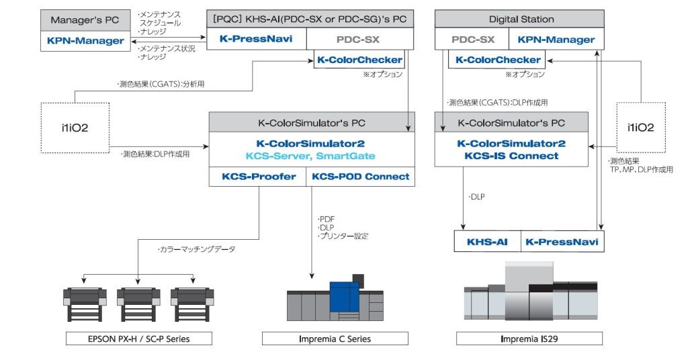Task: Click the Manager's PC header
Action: [85, 19]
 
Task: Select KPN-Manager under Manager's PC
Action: [85, 41]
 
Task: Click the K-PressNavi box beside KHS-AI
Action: [560, 242]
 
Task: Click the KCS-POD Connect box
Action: [361, 177]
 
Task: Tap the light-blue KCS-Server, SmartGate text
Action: [310, 156]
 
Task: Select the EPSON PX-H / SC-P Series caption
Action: [138, 339]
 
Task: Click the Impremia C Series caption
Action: [335, 339]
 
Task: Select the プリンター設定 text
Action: [345, 236]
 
